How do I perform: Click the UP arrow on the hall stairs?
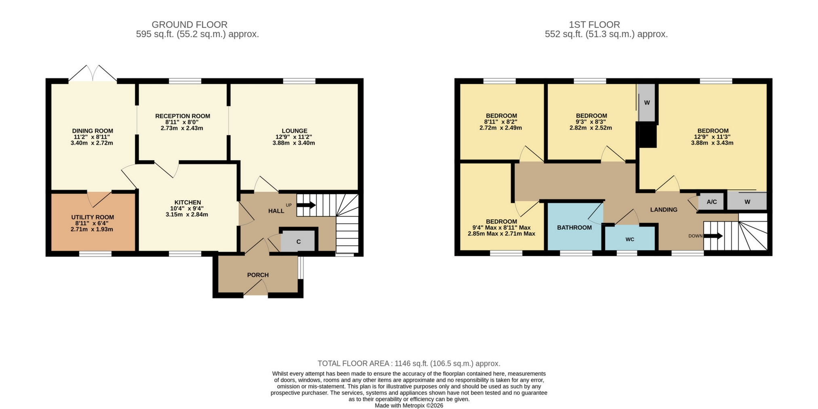306,205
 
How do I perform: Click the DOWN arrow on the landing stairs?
713,236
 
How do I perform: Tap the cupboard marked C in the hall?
298,241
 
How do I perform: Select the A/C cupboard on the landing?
711,201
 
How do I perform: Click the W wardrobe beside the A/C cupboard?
747,201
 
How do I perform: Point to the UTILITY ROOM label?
93,217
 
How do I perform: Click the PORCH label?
258,275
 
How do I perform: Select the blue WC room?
630,239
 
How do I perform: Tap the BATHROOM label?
574,228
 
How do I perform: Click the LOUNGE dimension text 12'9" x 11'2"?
294,137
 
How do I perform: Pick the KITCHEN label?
187,202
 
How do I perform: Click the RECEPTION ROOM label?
183,116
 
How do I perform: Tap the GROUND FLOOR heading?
189,25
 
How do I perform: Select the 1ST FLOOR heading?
594,25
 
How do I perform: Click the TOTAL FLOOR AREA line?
409,363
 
